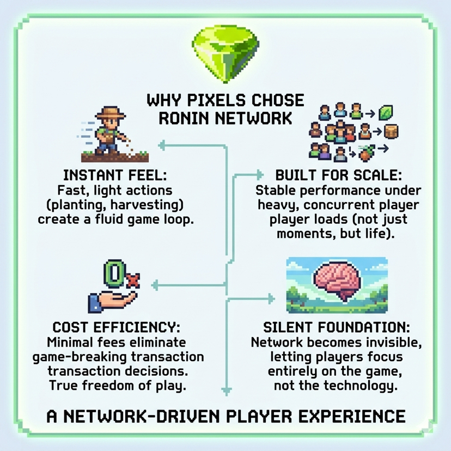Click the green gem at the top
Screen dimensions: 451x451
(225, 53)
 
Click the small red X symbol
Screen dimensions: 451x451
(131, 281)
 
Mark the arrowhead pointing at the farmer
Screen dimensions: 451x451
(162, 145)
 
